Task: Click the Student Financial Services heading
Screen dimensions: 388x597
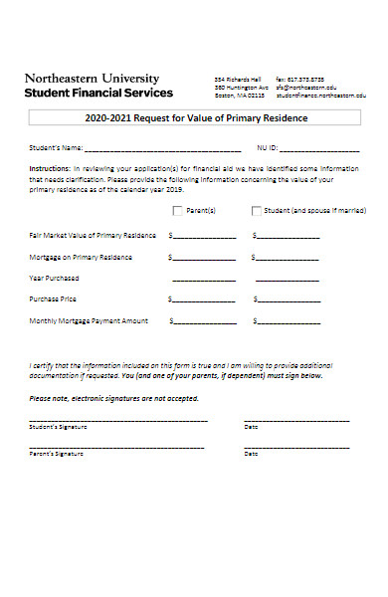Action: click(97, 93)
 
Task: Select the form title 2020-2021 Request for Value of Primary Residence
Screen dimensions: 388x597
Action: click(196, 118)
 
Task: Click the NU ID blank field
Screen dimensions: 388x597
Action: click(317, 148)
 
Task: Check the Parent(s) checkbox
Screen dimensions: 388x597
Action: click(178, 211)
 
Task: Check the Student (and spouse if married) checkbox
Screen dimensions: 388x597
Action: click(257, 211)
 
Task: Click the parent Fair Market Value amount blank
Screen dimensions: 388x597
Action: click(205, 237)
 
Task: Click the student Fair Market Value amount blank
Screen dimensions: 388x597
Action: click(289, 237)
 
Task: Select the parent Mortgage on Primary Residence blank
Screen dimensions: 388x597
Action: click(205, 258)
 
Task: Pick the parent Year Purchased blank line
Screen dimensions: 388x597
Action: click(205, 279)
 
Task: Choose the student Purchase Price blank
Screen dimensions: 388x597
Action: click(289, 299)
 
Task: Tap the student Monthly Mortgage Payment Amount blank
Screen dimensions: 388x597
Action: click(289, 321)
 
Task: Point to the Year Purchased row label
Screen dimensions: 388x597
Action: click(54, 279)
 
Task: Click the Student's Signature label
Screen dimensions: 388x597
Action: click(58, 427)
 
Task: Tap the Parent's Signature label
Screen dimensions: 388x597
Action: click(56, 453)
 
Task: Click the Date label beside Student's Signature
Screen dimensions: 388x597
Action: click(251, 427)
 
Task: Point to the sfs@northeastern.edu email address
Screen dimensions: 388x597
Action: click(306, 88)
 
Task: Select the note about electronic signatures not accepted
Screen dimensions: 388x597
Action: click(114, 398)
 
